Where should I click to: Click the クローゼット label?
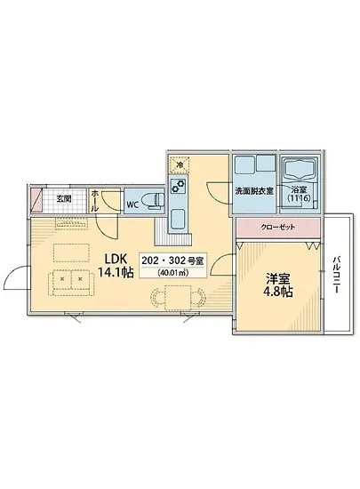point(278,227)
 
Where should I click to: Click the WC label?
point(132,204)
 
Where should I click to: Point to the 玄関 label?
point(63,198)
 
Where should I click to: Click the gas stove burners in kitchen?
point(177,187)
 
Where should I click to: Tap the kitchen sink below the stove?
point(177,218)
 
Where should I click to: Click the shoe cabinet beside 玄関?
point(37,199)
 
